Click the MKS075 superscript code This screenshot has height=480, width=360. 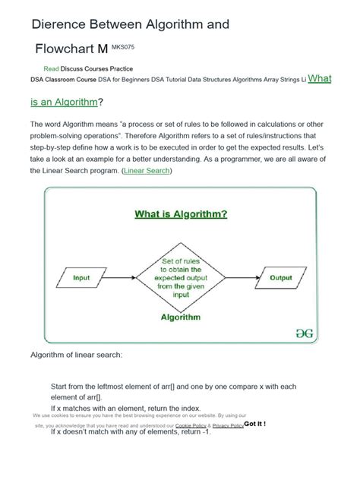click(126, 46)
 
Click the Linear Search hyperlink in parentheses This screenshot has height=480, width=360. click(147, 171)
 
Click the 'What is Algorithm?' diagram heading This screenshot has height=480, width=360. click(181, 214)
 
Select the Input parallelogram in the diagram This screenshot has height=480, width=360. click(81, 278)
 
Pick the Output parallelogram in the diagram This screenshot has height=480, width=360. click(280, 278)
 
